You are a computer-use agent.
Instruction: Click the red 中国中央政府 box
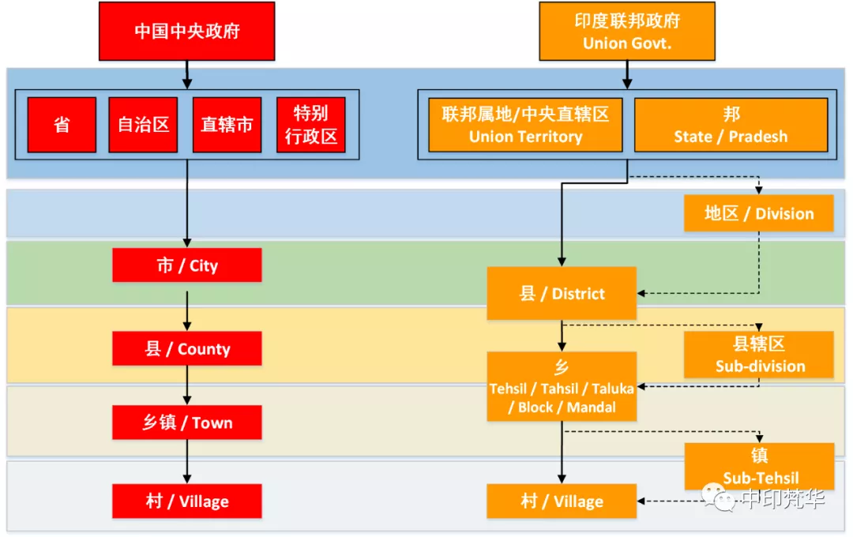[x=186, y=32]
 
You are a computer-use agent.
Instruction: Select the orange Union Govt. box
[x=627, y=32]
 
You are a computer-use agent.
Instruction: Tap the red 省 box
[x=62, y=125]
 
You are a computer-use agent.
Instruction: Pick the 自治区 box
[x=143, y=125]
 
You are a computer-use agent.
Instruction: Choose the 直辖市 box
[x=227, y=125]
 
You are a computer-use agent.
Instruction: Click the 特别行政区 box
[x=311, y=125]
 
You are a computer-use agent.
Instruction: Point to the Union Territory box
[x=525, y=125]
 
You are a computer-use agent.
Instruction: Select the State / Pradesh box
[x=731, y=125]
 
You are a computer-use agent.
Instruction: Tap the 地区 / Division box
[x=758, y=213]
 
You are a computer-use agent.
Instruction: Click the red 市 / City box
[x=186, y=265]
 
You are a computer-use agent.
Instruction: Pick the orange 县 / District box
[x=562, y=294]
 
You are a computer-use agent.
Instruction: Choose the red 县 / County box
[x=186, y=349]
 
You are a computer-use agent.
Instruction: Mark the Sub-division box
[x=759, y=355]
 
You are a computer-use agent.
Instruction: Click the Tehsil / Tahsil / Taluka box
[x=562, y=387]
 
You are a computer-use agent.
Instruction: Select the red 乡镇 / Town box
[x=186, y=422]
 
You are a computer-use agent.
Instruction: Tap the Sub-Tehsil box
[x=759, y=466]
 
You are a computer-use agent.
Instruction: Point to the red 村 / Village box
[x=186, y=501]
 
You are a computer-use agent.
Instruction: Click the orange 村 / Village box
[x=562, y=501]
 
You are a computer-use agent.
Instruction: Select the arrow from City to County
[x=187, y=312]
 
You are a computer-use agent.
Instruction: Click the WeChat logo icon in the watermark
[x=720, y=498]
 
